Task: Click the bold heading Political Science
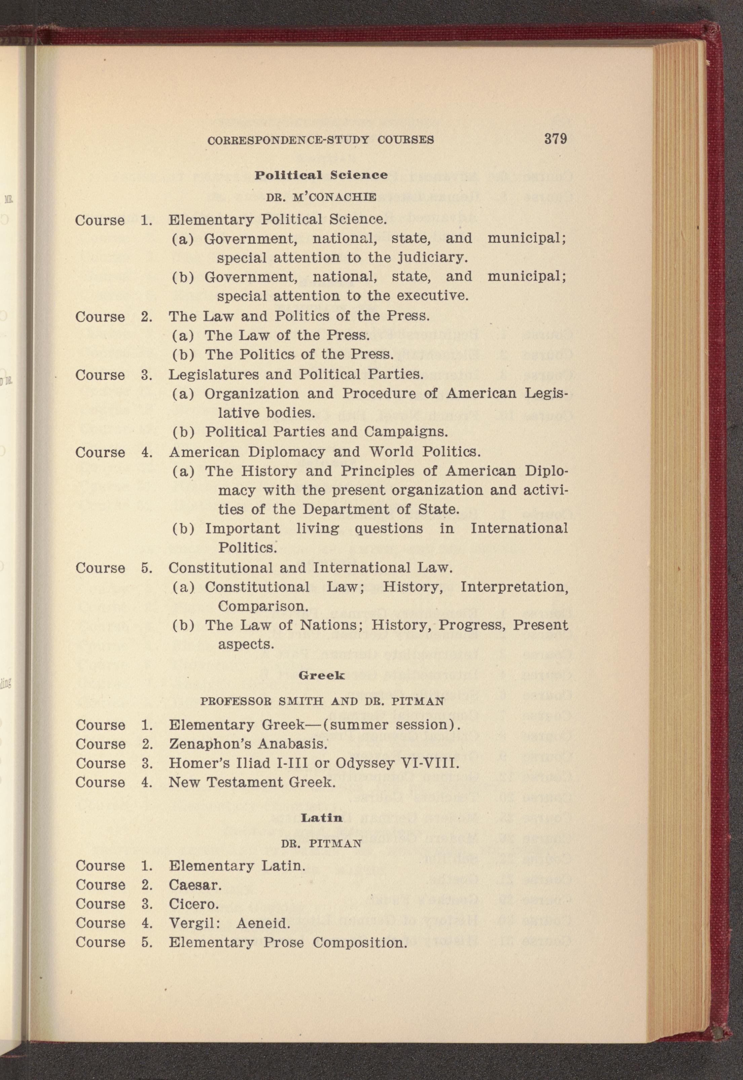point(321,175)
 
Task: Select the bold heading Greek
point(321,676)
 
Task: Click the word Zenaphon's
point(206,744)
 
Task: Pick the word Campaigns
point(406,432)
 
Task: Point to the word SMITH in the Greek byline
point(301,701)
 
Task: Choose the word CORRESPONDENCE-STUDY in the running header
point(289,140)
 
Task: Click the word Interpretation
point(514,587)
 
